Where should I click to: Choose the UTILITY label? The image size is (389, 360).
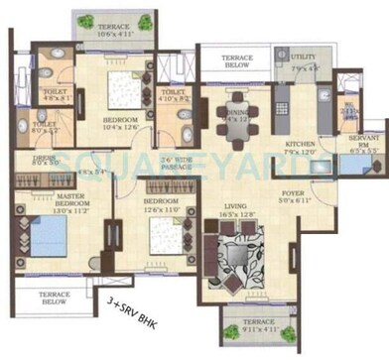pos(304,60)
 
